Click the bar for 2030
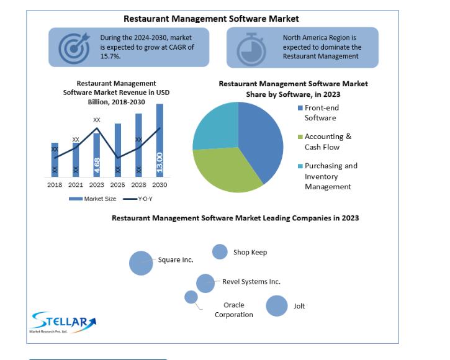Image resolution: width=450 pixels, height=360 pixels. click(160, 140)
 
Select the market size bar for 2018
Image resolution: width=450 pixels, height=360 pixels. click(55, 160)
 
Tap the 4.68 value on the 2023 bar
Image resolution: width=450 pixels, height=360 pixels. click(97, 165)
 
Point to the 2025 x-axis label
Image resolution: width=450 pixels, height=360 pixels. click(118, 185)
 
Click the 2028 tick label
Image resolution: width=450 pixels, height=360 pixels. click(138, 185)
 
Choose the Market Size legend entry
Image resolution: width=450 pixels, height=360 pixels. click(92, 199)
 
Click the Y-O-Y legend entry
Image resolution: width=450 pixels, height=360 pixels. click(138, 199)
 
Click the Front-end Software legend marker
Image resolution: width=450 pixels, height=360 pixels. click(300, 108)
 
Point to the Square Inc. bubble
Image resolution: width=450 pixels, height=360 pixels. click(141, 263)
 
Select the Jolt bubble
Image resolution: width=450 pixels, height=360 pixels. click(277, 306)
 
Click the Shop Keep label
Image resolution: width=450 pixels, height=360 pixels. click(250, 253)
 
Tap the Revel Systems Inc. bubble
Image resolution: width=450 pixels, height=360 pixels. click(205, 284)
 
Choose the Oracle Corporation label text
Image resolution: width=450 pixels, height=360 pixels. click(234, 310)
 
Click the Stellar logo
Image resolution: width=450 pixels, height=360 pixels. click(63, 322)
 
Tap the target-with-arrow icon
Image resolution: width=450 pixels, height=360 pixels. click(74, 48)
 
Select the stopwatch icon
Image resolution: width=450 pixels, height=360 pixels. click(251, 50)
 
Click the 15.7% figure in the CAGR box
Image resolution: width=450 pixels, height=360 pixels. click(110, 56)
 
